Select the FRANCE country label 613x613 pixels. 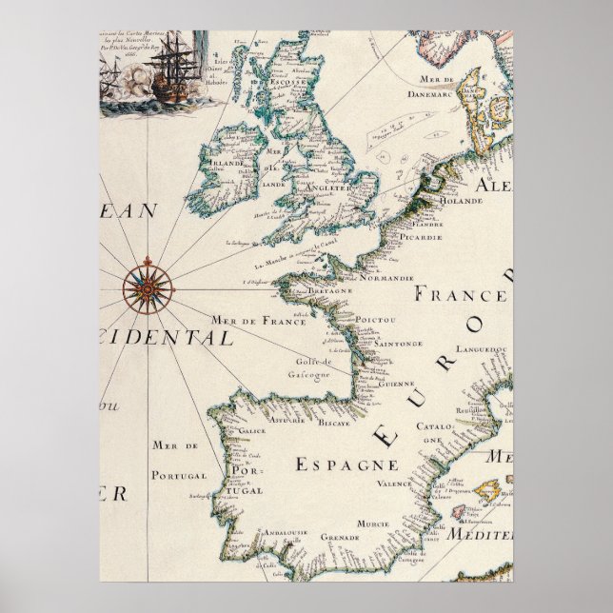[x=458, y=295]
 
